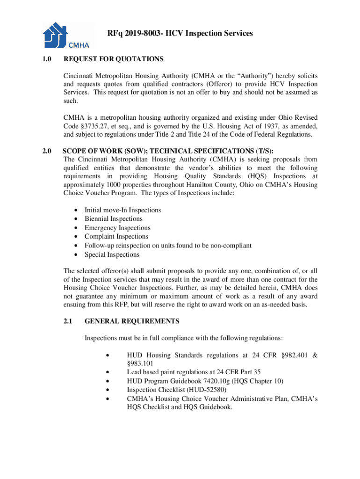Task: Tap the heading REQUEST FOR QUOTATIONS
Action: [113, 59]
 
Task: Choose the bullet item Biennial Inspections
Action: [114, 219]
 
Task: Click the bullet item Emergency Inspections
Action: [117, 228]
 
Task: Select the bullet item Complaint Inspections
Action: [116, 237]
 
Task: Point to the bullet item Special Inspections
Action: [112, 254]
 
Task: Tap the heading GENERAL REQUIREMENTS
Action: [131, 321]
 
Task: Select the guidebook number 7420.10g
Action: [222, 381]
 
